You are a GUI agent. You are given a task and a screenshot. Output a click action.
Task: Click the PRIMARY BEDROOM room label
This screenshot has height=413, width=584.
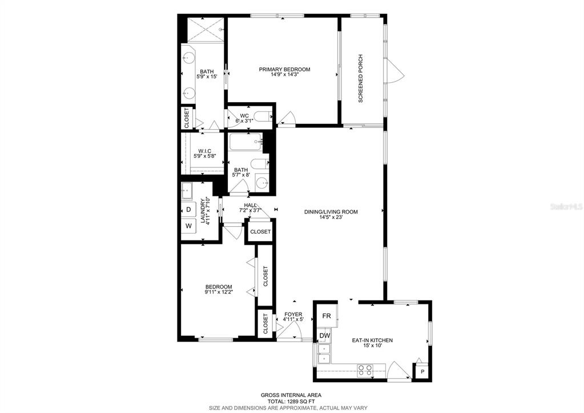click(x=284, y=69)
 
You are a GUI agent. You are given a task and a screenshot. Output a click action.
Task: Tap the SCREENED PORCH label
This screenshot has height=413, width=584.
click(x=360, y=79)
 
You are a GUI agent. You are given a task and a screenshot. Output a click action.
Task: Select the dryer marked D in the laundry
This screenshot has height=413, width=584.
click(x=188, y=210)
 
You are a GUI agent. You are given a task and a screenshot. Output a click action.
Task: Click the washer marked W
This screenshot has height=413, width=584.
click(x=188, y=226)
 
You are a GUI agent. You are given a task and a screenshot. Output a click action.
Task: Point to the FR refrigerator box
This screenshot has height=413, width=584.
click(x=327, y=316)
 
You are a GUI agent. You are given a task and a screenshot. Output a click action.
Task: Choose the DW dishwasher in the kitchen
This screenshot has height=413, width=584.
click(x=325, y=335)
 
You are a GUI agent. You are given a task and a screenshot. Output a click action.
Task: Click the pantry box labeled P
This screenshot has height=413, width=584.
click(x=422, y=372)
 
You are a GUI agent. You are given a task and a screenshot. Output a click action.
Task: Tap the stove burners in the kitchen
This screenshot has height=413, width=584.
click(x=365, y=370)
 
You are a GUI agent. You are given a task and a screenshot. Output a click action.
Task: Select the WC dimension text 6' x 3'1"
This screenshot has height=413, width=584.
click(x=244, y=121)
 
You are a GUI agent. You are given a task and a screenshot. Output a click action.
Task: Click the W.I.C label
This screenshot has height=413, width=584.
click(x=205, y=151)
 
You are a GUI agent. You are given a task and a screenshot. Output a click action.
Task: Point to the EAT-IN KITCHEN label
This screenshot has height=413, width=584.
click(x=372, y=340)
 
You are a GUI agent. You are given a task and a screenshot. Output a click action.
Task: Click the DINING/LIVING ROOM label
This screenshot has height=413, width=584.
click(x=331, y=212)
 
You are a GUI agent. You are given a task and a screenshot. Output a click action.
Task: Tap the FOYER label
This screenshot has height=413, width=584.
click(x=293, y=314)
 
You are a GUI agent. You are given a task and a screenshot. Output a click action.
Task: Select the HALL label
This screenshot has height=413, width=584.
click(x=250, y=205)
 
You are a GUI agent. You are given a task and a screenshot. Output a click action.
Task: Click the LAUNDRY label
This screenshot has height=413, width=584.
click(x=203, y=211)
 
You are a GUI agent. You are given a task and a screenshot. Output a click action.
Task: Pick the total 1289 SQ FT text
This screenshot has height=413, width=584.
click(x=291, y=402)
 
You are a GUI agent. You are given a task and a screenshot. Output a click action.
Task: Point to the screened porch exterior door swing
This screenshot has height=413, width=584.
click(x=396, y=70)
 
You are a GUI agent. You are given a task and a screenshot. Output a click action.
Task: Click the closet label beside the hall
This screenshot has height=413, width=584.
click(x=260, y=231)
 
